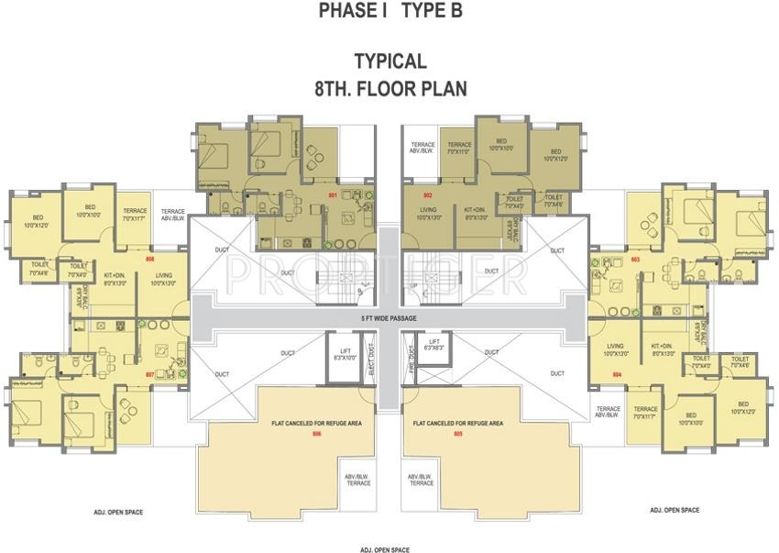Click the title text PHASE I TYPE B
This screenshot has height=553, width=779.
(x=389, y=11)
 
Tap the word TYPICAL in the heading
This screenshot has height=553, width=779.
(x=390, y=61)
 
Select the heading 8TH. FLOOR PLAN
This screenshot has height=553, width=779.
(x=390, y=89)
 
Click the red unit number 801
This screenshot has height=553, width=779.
(x=333, y=196)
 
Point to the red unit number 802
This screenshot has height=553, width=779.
(x=427, y=196)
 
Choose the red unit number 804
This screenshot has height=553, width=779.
(x=617, y=375)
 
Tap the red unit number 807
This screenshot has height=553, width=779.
(x=149, y=375)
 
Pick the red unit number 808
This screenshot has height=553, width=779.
(x=150, y=260)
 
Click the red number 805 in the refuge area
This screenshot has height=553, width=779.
(x=457, y=433)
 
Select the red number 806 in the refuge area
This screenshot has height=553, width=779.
(x=316, y=433)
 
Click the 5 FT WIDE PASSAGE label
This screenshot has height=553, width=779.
(x=389, y=318)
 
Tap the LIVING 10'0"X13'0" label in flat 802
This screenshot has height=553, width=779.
(x=429, y=214)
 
